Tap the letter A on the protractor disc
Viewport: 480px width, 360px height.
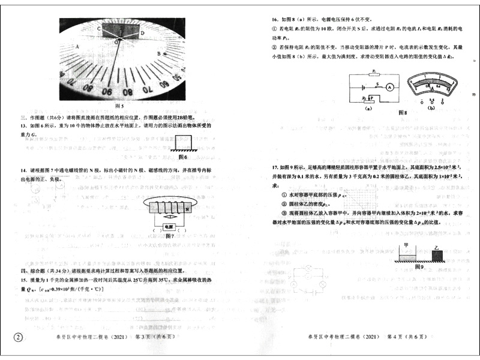[77, 46]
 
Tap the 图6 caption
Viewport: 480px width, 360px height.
[184, 157]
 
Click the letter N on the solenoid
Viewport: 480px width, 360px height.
[187, 209]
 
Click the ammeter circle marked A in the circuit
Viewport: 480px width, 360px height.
[389, 88]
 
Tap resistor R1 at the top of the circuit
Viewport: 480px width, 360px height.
[375, 73]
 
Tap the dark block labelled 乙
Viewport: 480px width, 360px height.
[439, 256]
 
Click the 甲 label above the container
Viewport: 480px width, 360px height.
[406, 245]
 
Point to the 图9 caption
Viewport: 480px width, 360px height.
[419, 267]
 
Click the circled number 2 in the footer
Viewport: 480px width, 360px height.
[19, 338]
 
